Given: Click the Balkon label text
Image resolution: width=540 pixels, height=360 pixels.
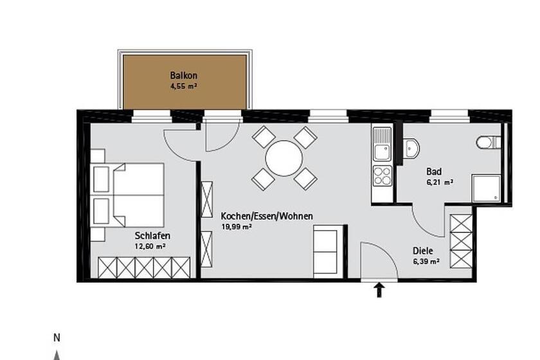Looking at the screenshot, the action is point(184,75).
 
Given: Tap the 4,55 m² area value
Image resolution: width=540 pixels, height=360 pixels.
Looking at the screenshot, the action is point(183,87).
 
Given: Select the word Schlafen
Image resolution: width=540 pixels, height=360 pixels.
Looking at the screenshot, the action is point(152,236).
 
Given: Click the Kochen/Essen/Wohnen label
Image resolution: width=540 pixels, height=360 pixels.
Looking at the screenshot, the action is point(267,217).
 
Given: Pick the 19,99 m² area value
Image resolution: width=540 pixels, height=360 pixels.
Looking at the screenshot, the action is point(237,227).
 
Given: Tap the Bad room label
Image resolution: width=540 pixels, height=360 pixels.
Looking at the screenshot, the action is point(434,171).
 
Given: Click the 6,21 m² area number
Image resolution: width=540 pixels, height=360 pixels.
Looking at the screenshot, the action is point(440,183).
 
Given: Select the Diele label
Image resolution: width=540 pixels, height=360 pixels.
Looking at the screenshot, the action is point(423,251).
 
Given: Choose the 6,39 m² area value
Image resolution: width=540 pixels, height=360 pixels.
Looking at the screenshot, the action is point(426,262).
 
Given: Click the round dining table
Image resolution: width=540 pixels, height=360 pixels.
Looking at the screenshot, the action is point(284,159).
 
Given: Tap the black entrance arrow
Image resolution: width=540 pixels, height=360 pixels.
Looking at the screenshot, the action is point(379,290).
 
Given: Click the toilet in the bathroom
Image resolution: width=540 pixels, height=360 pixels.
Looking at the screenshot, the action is point(489,142).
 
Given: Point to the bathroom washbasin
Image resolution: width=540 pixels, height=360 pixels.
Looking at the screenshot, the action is point(411,148).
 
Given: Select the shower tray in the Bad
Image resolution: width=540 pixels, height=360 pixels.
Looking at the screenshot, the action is point(486,188).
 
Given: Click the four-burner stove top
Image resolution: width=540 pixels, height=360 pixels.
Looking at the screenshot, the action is point(382,175).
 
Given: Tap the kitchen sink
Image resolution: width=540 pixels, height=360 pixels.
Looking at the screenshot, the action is point(382,144).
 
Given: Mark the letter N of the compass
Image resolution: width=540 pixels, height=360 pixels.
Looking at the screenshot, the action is point(57,338).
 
